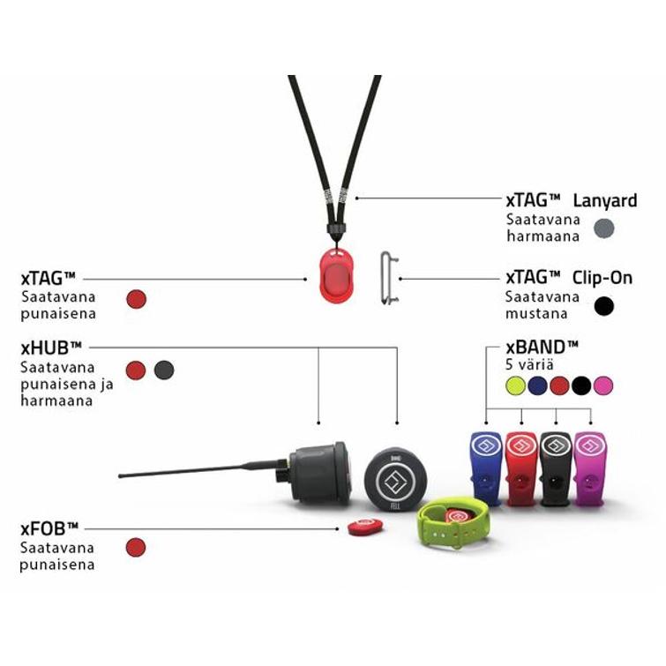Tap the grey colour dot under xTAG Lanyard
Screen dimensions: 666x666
click(x=603, y=228)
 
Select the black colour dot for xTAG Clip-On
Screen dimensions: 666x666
click(x=603, y=306)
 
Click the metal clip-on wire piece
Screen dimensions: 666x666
click(x=388, y=279)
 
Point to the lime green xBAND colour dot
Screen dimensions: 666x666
click(x=515, y=385)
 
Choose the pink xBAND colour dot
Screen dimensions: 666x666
click(x=602, y=385)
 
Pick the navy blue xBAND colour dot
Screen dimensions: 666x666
click(x=537, y=385)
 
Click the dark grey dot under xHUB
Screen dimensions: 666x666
click(x=163, y=370)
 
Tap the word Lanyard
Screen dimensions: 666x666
click(x=604, y=200)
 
